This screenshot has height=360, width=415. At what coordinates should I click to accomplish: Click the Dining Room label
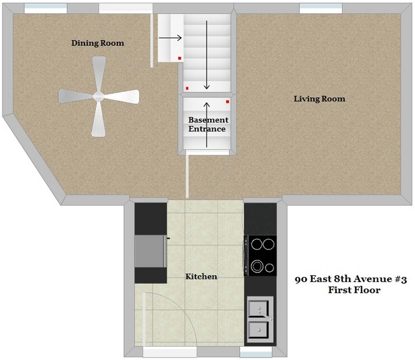point(98,43)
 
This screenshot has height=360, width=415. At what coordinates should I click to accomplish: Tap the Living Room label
point(319,99)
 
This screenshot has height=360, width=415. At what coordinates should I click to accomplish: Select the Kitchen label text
point(201,276)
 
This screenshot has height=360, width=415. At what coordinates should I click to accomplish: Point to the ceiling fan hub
point(99,97)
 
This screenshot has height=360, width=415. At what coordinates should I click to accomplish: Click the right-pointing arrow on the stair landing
point(170,38)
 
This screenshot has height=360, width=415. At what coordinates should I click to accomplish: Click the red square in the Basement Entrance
point(227,101)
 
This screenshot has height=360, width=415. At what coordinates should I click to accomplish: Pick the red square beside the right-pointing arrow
point(180,58)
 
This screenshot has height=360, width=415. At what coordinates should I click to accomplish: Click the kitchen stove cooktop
point(260,255)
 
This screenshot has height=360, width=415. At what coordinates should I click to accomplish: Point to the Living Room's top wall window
point(317,8)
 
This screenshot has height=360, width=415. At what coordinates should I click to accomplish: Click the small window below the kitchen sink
point(256,351)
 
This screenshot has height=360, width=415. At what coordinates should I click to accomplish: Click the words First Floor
point(354,290)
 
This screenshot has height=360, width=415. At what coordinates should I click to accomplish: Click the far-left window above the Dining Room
point(45,8)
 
